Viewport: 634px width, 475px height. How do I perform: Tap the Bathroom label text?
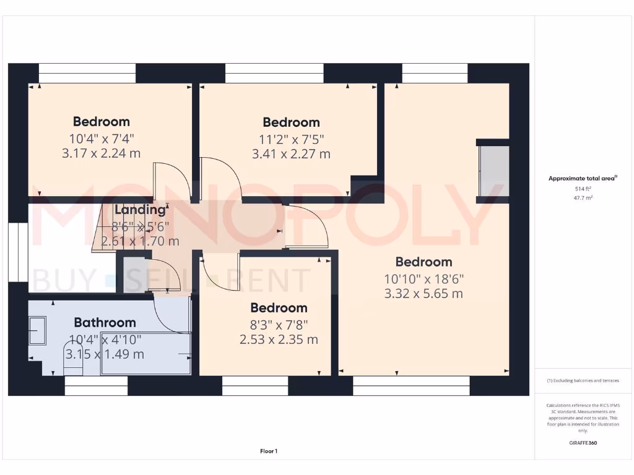(105, 322)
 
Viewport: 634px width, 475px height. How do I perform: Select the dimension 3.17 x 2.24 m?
(101, 153)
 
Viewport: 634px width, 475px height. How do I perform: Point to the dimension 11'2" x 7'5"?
(291, 139)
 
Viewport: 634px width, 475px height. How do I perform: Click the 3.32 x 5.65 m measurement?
(423, 294)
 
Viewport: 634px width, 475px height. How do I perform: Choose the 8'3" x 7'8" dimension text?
(279, 323)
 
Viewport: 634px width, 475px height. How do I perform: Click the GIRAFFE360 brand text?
(582, 443)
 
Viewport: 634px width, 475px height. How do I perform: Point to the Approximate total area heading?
(582, 178)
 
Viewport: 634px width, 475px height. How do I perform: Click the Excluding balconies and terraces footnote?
(582, 380)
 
